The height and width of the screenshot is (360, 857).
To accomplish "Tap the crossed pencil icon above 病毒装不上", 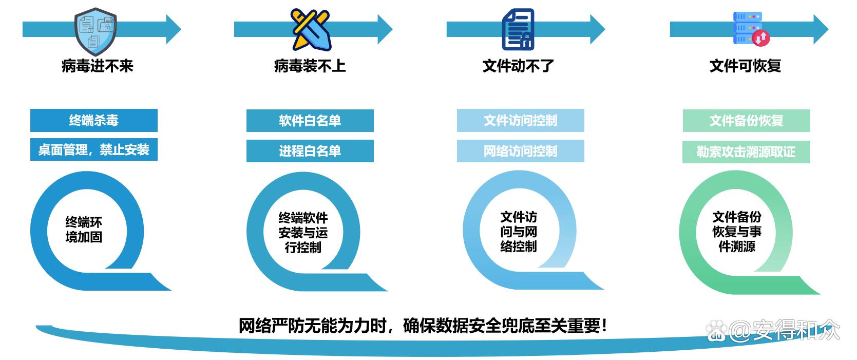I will click(x=310, y=29).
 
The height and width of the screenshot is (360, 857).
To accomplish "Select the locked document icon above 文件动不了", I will click(x=518, y=29).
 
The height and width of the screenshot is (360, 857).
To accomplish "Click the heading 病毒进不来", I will click(x=97, y=66).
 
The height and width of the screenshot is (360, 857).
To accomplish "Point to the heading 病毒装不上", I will click(x=310, y=66).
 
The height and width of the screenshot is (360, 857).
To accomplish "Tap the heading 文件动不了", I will click(x=518, y=66).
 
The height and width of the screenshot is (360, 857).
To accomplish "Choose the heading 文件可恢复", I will click(x=745, y=66).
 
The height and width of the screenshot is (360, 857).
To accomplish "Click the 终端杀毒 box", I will click(x=94, y=121).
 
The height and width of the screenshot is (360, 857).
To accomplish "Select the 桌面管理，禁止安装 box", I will click(x=94, y=150).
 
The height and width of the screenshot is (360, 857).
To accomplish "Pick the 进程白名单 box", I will click(x=310, y=151).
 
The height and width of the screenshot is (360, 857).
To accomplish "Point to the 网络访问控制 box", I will click(x=520, y=151).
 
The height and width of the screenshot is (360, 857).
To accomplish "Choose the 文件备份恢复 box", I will click(x=746, y=121).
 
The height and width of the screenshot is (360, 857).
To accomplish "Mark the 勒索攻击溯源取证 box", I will click(x=746, y=152).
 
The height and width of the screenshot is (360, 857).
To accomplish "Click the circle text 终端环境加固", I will click(x=84, y=230).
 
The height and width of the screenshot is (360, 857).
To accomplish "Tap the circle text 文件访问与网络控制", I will click(x=519, y=232).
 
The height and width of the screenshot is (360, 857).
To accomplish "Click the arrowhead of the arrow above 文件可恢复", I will click(x=820, y=29).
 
